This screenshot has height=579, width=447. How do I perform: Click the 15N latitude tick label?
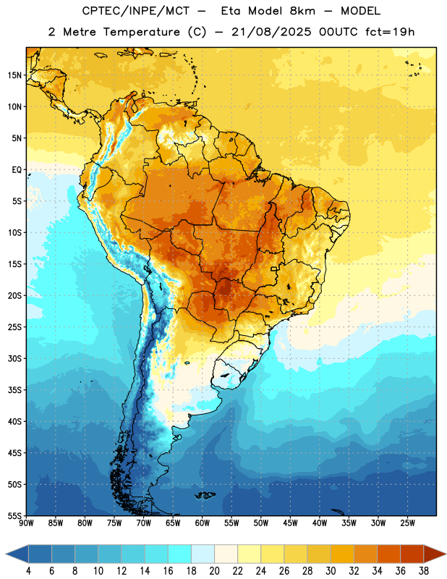point(14,75)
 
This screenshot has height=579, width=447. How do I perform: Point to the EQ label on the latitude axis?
point(17,170)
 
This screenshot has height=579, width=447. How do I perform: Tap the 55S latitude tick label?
point(14,515)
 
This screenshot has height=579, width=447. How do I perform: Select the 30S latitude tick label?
point(14,358)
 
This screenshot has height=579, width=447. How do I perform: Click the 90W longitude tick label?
point(26,523)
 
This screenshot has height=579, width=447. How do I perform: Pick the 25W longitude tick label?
point(407,523)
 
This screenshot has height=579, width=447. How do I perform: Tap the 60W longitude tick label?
point(203,523)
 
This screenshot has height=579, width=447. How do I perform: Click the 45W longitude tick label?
point(290,523)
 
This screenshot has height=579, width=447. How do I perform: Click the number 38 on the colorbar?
point(423,571)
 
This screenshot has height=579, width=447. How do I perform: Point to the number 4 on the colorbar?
point(28,571)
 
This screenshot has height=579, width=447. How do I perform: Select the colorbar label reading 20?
point(214,571)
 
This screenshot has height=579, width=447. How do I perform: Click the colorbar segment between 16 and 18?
point(179,554)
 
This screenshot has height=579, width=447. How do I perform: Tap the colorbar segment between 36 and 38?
point(412,554)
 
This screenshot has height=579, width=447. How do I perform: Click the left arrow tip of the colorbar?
point(6,554)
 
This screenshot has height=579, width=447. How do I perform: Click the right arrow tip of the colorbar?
point(446,554)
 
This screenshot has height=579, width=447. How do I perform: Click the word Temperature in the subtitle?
point(141,32)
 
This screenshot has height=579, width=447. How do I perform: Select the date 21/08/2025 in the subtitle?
point(271,32)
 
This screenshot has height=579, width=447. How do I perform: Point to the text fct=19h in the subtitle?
point(390,32)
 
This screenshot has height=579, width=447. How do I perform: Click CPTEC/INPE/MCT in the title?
point(135,11)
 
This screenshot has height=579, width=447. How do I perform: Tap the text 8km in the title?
point(302,11)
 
